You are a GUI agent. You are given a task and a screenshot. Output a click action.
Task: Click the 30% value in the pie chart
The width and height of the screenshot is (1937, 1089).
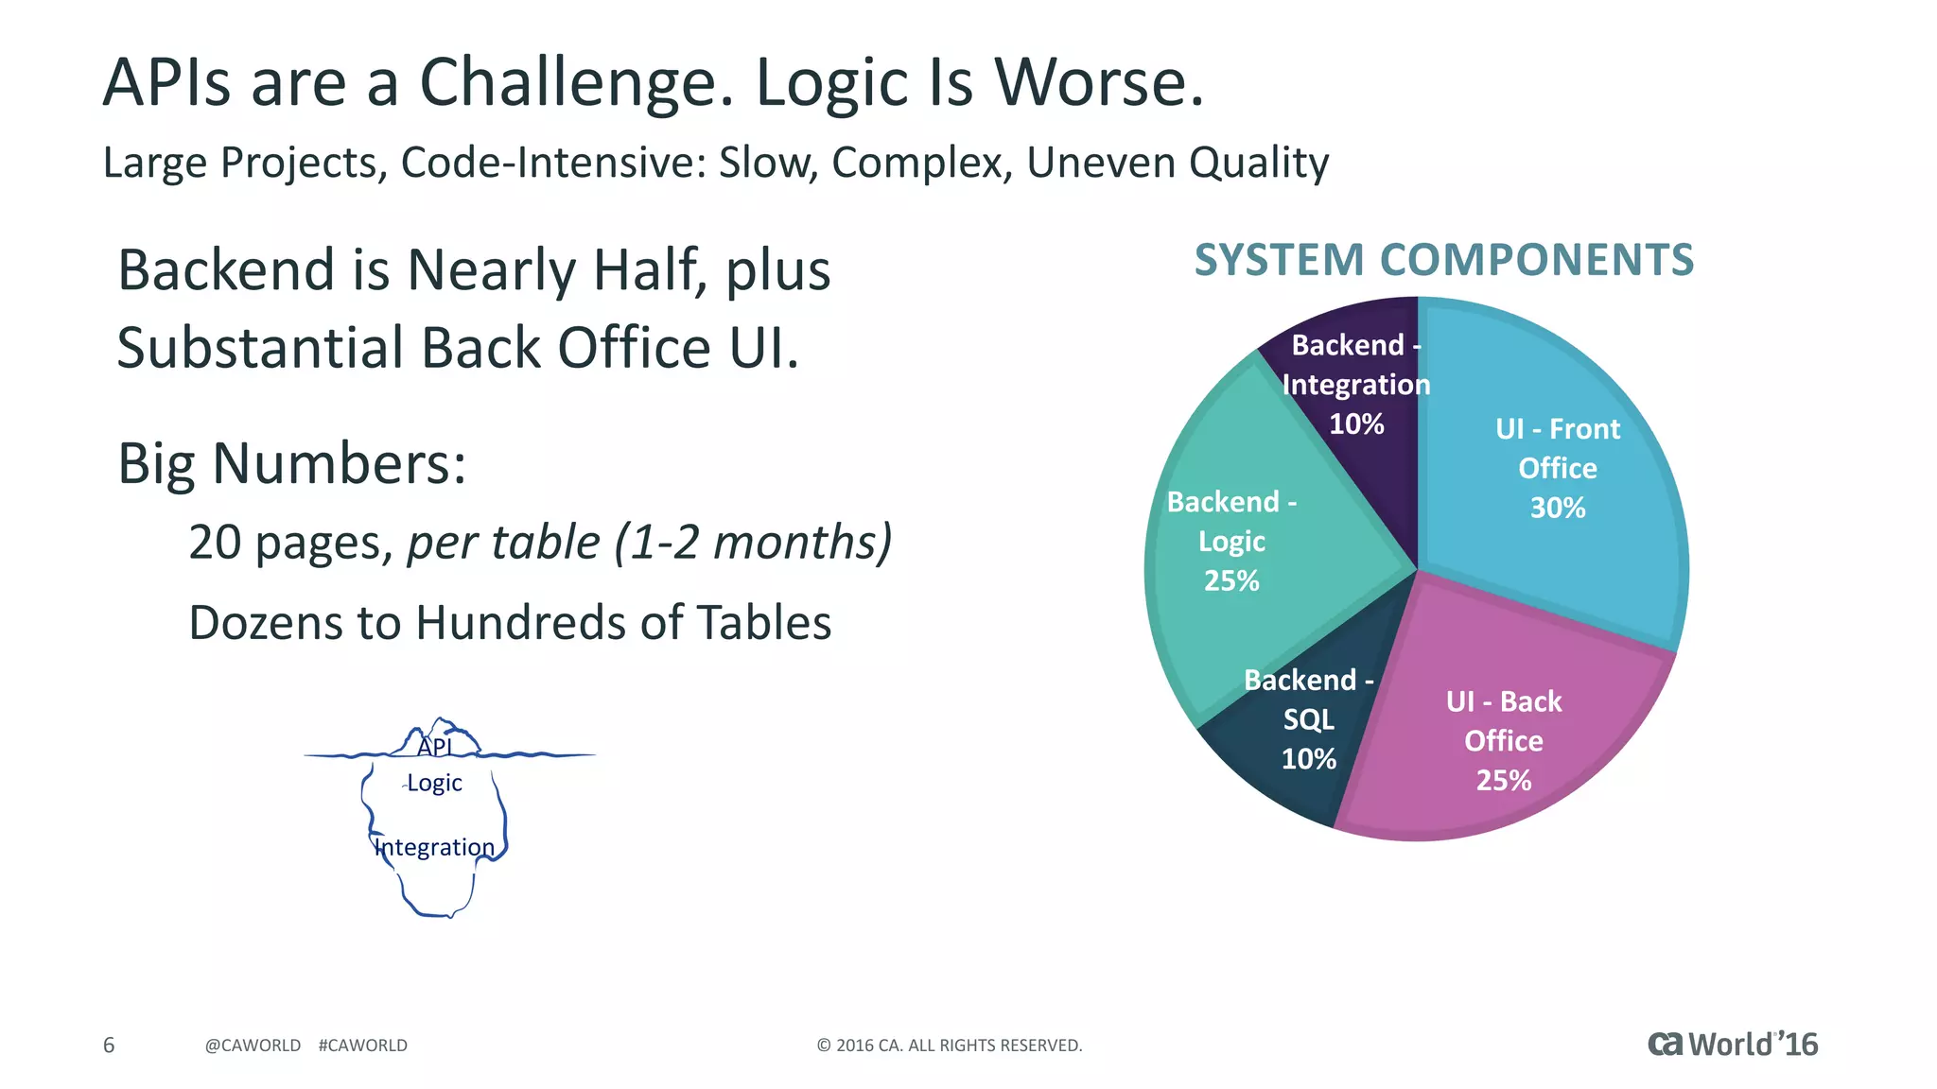click(x=1558, y=509)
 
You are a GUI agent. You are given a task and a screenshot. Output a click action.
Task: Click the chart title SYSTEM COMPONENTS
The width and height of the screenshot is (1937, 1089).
click(x=1443, y=260)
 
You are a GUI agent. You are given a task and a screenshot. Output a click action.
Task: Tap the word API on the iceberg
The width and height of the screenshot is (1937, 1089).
click(x=435, y=747)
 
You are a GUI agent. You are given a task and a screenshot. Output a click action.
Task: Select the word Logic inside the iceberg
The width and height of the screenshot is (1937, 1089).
click(x=434, y=784)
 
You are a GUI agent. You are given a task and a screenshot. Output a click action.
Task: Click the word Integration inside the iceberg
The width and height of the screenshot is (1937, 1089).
click(x=434, y=847)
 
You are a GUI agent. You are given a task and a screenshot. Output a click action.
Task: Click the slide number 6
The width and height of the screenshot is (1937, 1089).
click(x=109, y=1045)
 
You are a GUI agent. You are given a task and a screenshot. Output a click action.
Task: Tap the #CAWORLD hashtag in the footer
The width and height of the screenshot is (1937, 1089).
click(x=363, y=1046)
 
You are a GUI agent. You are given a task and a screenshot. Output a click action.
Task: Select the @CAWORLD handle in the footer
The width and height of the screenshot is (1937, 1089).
click(x=253, y=1046)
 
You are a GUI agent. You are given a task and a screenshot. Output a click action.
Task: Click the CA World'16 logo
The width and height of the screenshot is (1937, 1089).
click(x=1732, y=1044)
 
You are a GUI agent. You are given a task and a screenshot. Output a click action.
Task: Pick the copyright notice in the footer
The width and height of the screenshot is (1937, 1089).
click(x=950, y=1046)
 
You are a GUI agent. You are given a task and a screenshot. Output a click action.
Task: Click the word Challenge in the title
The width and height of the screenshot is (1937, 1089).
click(x=575, y=83)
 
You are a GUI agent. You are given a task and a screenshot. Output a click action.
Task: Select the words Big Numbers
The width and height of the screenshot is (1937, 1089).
click(x=291, y=464)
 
